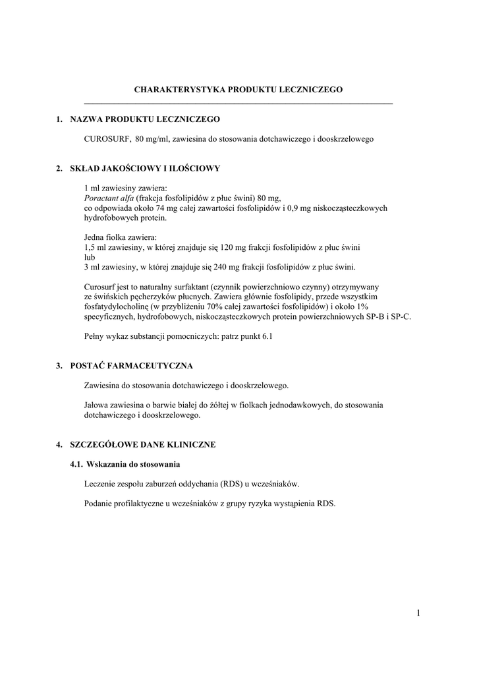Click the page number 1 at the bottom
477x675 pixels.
pyautogui.click(x=418, y=614)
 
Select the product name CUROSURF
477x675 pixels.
pyautogui.click(x=105, y=139)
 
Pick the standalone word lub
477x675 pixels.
pyautogui.click(x=90, y=257)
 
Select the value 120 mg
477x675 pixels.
pyautogui.click(x=239, y=247)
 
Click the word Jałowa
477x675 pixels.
pyautogui.click(x=98, y=405)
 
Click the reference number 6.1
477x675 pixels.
pyautogui.click(x=266, y=336)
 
